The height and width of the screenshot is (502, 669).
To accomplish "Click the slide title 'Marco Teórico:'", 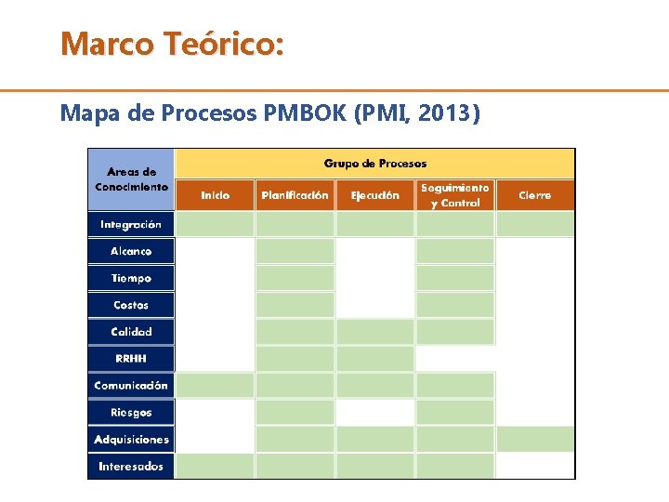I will coord(172,44).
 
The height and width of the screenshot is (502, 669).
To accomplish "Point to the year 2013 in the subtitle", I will coord(446,113).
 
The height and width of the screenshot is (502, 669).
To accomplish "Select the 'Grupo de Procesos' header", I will coord(374,164).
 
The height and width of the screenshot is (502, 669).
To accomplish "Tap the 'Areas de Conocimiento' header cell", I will coord(131,178).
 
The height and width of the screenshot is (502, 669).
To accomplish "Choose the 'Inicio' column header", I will coord(215,195).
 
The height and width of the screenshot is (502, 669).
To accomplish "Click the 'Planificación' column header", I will coord(295,195).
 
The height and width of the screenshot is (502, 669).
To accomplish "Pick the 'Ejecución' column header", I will coord(374,195).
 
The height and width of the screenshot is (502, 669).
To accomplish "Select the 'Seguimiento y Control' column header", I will coord(454,195).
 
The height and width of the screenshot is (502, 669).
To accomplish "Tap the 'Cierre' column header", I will coord(534,195).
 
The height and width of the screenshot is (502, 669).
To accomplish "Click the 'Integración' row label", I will coord(131,224).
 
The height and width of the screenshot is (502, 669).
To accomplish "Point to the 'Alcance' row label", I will coord(131,251).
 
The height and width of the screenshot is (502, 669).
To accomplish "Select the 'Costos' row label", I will coord(131,305).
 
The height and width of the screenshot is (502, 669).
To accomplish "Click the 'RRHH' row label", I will coord(131,358).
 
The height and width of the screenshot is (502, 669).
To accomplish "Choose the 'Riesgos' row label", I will coord(131,412).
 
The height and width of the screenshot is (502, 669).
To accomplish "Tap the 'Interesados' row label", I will coord(131,466).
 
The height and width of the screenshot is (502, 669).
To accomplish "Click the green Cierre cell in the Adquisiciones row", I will coord(534,439).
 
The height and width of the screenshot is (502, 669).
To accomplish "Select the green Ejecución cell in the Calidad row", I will coord(374,332).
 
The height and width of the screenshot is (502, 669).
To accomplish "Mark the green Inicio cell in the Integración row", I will coord(215,224).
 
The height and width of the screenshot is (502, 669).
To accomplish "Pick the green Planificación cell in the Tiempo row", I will coord(295,278).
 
